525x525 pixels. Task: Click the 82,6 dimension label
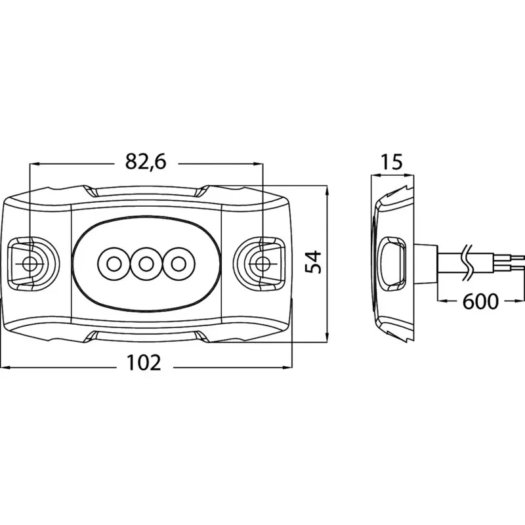pyautogui.click(x=146, y=162)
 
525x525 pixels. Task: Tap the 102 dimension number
pyautogui.click(x=144, y=363)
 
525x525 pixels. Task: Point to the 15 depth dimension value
pyautogui.click(x=392, y=162)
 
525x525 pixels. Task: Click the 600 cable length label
pyautogui.click(x=480, y=301)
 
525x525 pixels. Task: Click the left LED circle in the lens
pyautogui.click(x=114, y=264)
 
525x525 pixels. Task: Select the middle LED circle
pyautogui.click(x=144, y=264)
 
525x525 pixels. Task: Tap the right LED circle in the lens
pyautogui.click(x=178, y=264)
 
